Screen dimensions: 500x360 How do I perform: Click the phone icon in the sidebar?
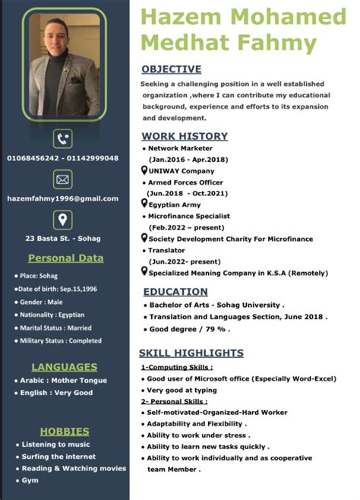(x=63, y=138)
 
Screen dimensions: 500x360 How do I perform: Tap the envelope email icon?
(x=63, y=179)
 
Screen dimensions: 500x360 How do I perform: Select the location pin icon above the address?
(x=63, y=219)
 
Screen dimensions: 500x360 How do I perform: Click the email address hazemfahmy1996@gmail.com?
(x=63, y=198)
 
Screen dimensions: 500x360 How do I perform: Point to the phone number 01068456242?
(x=31, y=158)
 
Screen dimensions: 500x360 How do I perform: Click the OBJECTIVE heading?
(x=172, y=69)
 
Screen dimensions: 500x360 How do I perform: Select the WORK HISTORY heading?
(x=185, y=136)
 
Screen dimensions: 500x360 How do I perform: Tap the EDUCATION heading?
(x=175, y=291)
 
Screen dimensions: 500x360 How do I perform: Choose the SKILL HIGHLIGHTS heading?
(x=191, y=353)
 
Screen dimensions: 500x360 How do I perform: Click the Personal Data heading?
(x=65, y=258)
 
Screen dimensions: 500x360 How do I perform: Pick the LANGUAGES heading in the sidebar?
(x=64, y=366)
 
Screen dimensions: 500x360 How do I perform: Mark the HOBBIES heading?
(x=65, y=431)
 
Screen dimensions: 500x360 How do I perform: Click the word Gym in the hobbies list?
(x=30, y=480)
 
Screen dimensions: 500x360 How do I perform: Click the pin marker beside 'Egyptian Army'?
(x=145, y=204)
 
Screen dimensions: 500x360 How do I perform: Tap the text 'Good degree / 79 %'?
(x=189, y=329)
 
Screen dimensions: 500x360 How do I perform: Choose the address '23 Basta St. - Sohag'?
(x=63, y=238)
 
